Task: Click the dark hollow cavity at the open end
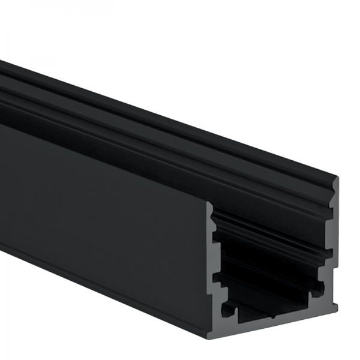click(270, 264)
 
